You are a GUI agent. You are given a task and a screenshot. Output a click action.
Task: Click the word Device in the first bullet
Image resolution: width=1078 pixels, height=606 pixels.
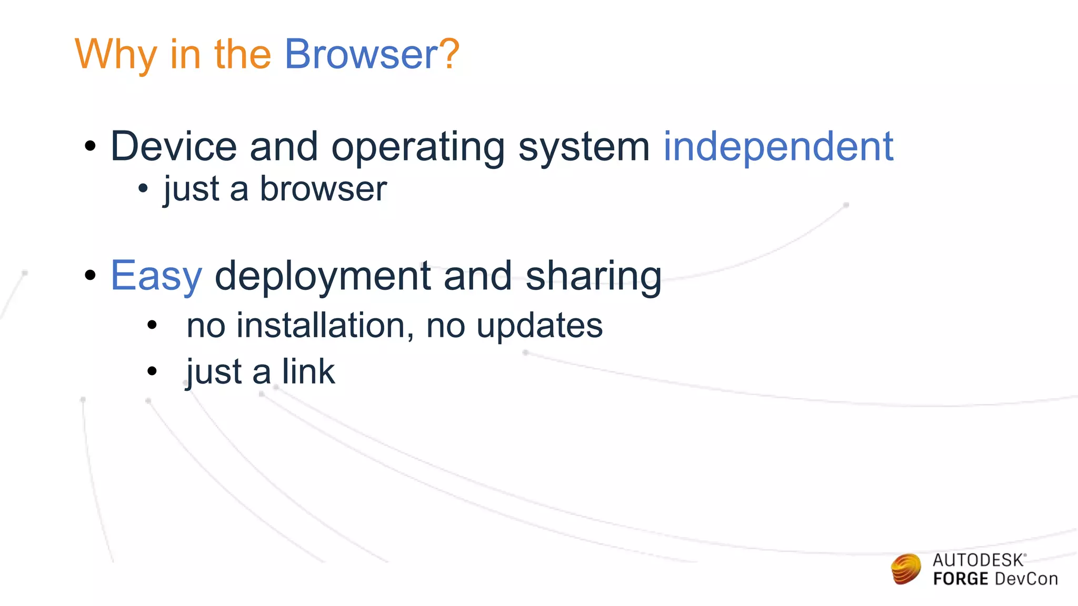(x=174, y=146)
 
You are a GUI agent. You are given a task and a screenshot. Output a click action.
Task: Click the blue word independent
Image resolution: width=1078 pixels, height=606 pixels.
(x=778, y=146)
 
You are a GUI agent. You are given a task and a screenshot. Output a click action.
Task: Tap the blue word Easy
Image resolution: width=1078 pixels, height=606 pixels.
(x=156, y=277)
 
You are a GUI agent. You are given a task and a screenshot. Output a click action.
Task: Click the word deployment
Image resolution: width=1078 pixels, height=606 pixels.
(x=323, y=277)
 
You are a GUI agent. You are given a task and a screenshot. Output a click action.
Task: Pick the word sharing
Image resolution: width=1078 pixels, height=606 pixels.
(x=593, y=277)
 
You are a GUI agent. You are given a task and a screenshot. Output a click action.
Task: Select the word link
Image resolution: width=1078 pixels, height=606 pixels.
(x=308, y=371)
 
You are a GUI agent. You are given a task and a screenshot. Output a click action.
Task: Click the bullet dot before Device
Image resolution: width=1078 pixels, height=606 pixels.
(x=90, y=146)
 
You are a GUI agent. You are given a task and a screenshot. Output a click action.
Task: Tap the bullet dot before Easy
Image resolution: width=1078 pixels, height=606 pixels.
(x=90, y=275)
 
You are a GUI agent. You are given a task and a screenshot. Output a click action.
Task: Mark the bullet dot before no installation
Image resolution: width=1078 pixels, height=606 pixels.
(x=152, y=325)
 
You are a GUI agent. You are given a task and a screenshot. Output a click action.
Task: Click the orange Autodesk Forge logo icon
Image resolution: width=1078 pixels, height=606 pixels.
(x=906, y=569)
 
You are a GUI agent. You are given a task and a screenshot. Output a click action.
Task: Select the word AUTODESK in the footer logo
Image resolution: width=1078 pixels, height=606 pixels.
(x=978, y=560)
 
